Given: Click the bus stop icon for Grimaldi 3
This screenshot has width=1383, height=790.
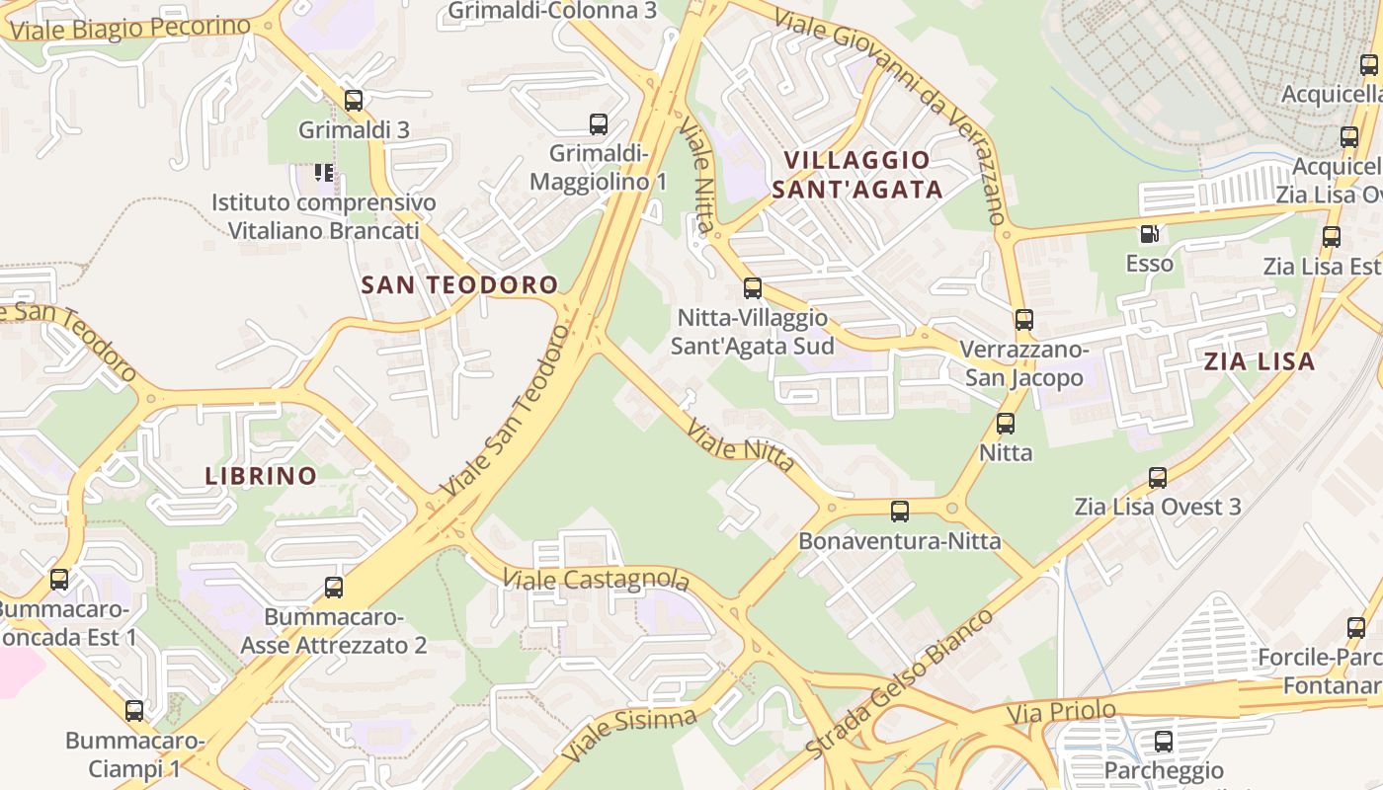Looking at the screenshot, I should click(353, 100).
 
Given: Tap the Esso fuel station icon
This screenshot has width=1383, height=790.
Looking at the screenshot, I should click(1149, 234).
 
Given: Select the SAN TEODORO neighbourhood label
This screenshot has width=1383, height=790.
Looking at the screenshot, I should click(459, 285).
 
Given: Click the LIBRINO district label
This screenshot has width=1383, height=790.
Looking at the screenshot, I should click(261, 476).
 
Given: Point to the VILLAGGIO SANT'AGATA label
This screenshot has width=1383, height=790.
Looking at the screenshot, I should click(856, 174).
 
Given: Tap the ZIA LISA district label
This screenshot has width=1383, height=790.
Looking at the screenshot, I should click(1259, 361).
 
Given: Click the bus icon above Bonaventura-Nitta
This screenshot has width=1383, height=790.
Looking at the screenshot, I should click(899, 512).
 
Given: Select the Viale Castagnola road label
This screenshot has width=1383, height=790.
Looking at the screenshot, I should click(595, 579).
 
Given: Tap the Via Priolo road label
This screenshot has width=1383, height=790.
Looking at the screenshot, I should click(1061, 711).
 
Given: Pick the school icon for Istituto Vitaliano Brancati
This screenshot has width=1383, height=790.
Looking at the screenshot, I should click(323, 173).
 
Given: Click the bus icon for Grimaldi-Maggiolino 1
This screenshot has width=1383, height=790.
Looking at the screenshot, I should click(598, 124).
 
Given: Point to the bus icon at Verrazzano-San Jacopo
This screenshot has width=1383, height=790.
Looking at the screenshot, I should click(1023, 320).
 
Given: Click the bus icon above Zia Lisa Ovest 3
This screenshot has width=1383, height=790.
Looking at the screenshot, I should click(1157, 478).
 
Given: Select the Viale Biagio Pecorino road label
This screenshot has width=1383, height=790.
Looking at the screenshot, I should click(129, 29).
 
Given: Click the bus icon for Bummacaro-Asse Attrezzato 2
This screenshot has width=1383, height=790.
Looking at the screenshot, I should click(334, 588).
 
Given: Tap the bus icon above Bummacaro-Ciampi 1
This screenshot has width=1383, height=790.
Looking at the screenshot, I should click(133, 710).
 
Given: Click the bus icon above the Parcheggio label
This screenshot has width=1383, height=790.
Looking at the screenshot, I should click(1163, 741).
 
